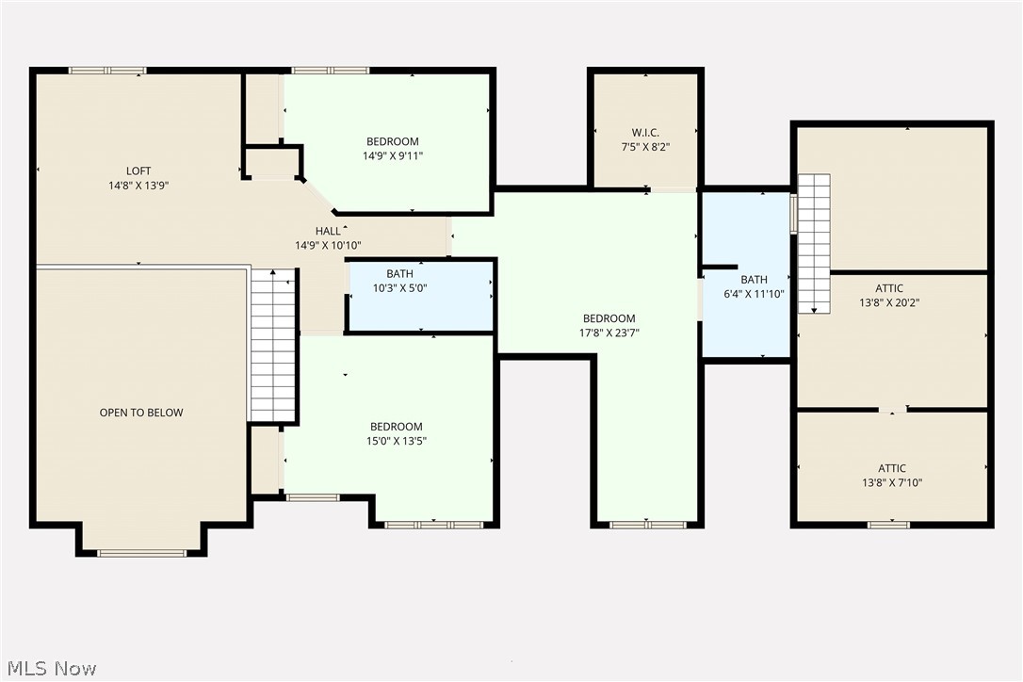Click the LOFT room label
138,170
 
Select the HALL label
328,231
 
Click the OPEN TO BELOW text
141,413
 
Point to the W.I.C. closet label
645,132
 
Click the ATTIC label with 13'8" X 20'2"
889,288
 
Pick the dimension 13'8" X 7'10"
892,483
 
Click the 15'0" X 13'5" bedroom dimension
396,441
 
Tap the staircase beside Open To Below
273,346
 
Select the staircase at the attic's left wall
814,243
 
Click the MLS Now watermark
49,669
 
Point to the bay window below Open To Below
142,553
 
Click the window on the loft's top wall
107,71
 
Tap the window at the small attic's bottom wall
888,525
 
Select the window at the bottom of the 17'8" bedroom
646,525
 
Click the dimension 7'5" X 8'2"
645,147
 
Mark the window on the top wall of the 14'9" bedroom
330,71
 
